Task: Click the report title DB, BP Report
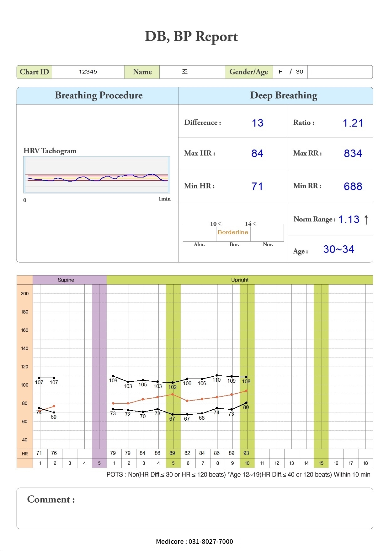[191, 37]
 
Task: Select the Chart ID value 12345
[88, 72]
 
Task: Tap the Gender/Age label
[248, 72]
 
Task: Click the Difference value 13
[258, 123]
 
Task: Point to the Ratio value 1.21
[353, 123]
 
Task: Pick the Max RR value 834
[353, 153]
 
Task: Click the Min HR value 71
[257, 186]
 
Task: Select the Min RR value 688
[353, 186]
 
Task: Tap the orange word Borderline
[233, 232]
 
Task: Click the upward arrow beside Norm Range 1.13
[366, 219]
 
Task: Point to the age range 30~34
[339, 249]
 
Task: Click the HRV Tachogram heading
[50, 151]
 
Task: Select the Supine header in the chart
[66, 280]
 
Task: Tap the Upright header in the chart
[240, 280]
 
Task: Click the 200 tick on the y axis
[24, 293]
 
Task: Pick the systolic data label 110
[216, 380]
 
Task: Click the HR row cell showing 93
[246, 453]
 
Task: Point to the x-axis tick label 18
[365, 463]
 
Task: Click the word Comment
[49, 499]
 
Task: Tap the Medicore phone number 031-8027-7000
[210, 541]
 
